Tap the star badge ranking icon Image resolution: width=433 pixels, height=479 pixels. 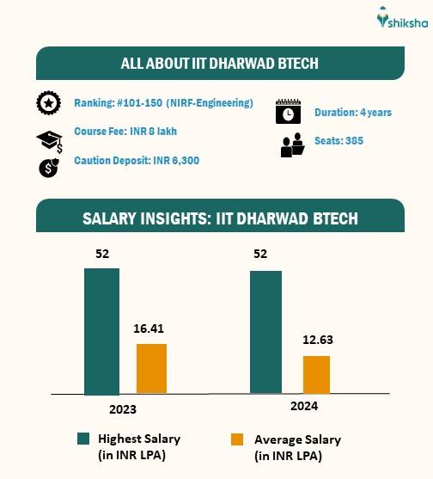click(48, 103)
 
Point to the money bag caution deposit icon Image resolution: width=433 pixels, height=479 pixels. click(48, 166)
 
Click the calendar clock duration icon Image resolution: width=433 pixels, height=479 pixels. click(287, 112)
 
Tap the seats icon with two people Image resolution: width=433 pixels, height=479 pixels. click(292, 145)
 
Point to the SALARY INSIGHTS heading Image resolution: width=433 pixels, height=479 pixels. click(220, 218)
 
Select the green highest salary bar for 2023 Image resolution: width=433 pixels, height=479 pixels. click(101, 331)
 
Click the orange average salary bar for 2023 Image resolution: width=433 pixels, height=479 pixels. click(151, 369)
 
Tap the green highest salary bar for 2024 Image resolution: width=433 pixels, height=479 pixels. click(265, 333)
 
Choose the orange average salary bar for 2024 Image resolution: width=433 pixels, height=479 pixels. click(316, 375)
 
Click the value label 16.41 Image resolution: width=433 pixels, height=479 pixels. click(152, 328)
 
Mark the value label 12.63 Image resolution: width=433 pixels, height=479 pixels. click(317, 340)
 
